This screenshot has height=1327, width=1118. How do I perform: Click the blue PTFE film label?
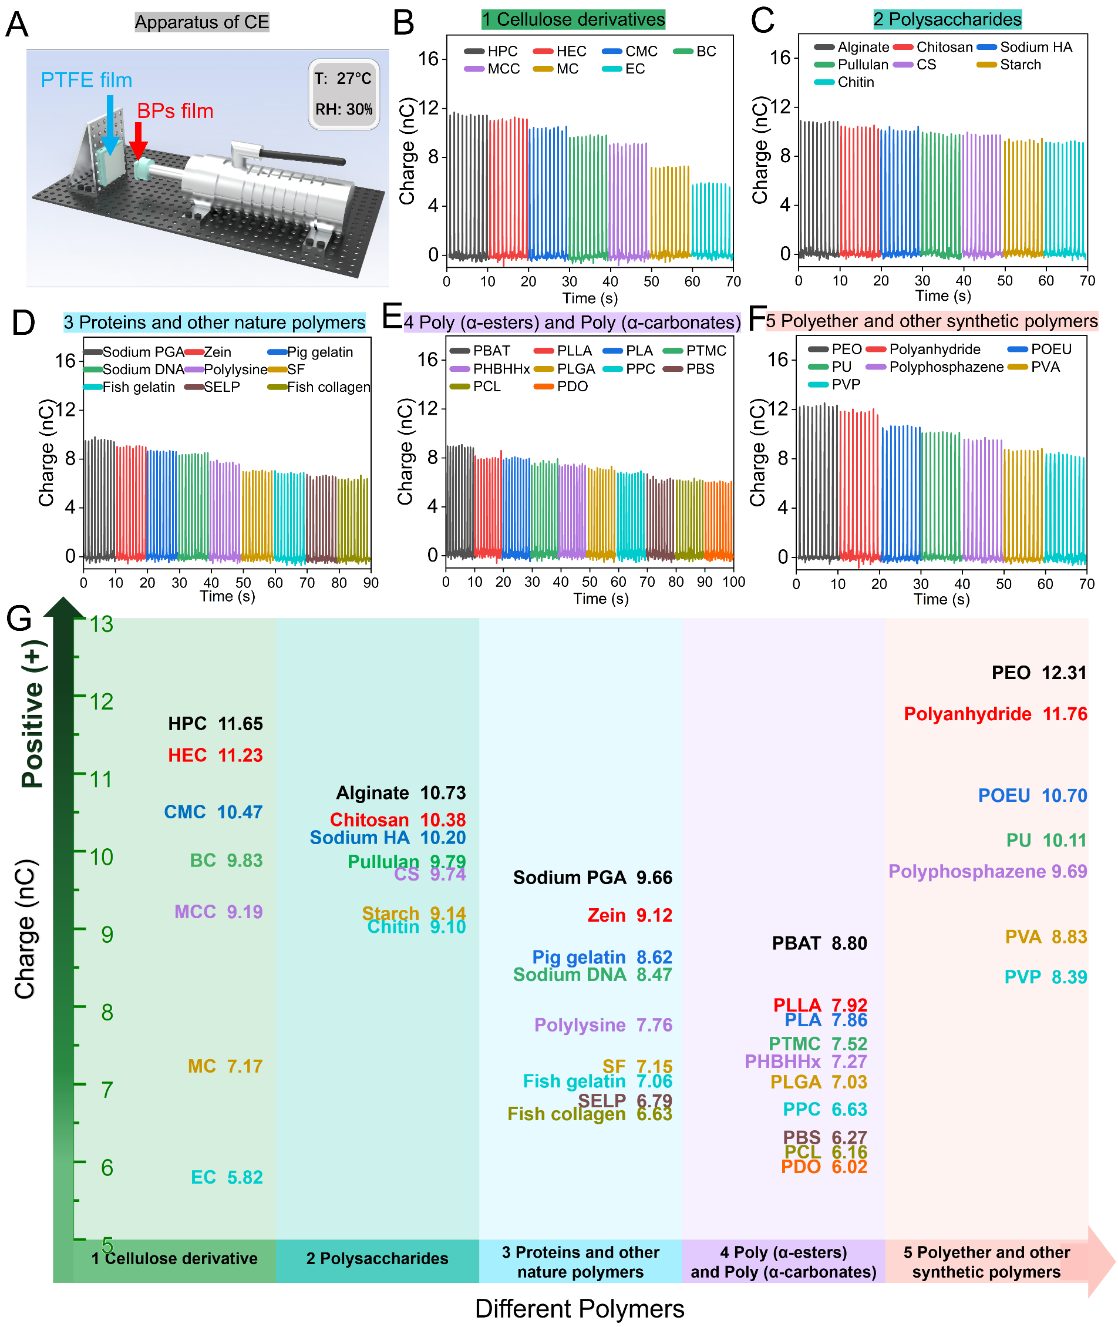86,80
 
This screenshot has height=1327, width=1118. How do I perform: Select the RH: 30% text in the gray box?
344,109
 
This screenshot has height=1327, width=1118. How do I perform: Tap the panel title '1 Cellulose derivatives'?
573,19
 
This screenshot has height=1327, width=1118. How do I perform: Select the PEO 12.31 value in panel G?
1038,673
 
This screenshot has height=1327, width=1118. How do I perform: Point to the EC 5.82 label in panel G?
226,1177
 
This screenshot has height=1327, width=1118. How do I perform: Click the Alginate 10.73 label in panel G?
400,792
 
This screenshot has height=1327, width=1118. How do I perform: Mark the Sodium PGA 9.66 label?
592,878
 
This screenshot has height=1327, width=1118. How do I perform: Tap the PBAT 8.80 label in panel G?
819,943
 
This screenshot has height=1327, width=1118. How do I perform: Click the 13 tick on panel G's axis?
102,624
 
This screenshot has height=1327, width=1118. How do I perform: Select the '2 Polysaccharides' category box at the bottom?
377,1258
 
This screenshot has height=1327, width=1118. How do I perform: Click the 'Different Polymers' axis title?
580,1309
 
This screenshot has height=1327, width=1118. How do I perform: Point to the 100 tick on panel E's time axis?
733,582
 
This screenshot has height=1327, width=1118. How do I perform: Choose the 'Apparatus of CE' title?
201,22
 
